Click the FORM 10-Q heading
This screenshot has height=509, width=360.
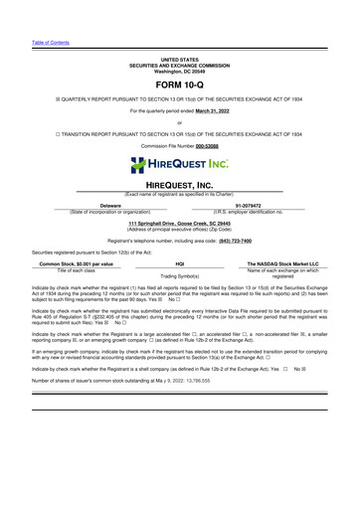click(x=179, y=85)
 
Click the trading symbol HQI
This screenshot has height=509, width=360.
click(x=179, y=264)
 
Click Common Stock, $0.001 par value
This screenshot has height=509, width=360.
click(x=76, y=264)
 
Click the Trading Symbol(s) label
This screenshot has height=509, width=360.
click(x=179, y=276)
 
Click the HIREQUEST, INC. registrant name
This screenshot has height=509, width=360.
click(x=180, y=186)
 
